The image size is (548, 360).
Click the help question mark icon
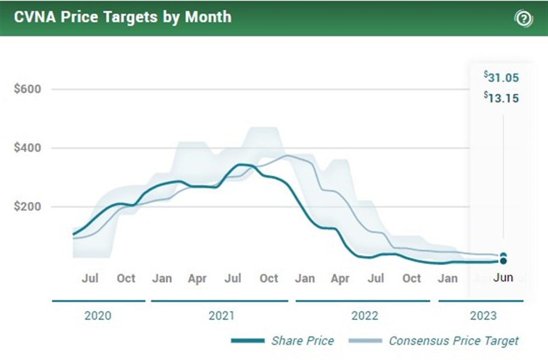pyautogui.click(x=523, y=19)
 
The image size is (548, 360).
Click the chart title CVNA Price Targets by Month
pyautogui.click(x=123, y=17)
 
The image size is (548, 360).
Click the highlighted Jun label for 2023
pyautogui.click(x=503, y=277)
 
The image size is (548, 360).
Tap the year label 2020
pyautogui.click(x=99, y=316)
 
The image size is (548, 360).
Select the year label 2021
pyautogui.click(x=221, y=316)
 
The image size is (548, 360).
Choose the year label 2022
pyautogui.click(x=365, y=316)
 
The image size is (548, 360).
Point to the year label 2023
pyautogui.click(x=483, y=316)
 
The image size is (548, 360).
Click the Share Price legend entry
pyautogui.click(x=302, y=341)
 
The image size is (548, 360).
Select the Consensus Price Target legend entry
pyautogui.click(x=453, y=341)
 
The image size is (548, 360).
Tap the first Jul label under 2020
pyautogui.click(x=90, y=278)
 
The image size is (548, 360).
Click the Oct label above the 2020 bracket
pyautogui.click(x=126, y=278)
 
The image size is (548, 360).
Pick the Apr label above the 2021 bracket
pyautogui.click(x=197, y=278)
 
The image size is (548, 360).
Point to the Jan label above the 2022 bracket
pyautogui.click(x=305, y=278)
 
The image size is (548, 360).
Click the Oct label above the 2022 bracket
pyautogui.click(x=412, y=278)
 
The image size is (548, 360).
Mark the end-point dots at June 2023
pyautogui.click(x=503, y=258)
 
